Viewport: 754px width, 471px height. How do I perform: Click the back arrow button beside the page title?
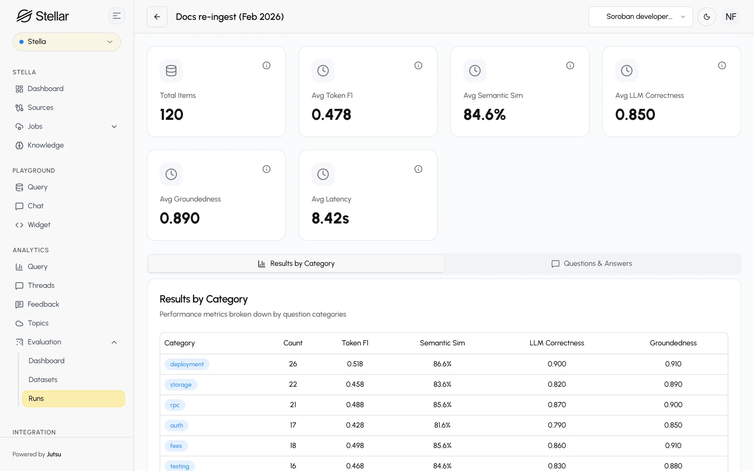click(157, 16)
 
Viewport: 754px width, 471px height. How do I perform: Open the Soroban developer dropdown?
click(641, 16)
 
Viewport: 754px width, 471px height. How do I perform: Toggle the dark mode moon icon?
click(707, 16)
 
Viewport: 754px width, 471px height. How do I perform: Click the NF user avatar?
click(731, 16)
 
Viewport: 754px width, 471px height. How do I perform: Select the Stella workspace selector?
click(67, 42)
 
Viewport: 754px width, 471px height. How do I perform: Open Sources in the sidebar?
click(40, 108)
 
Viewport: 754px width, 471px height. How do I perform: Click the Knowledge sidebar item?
click(45, 145)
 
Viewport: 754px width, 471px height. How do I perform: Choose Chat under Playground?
click(35, 206)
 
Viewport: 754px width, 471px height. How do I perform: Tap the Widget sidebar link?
click(39, 225)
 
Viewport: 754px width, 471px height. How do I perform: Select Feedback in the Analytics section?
click(43, 304)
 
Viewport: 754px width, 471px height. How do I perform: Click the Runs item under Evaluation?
click(73, 398)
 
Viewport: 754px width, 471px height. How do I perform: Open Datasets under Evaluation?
click(43, 380)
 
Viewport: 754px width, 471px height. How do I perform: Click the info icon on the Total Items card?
click(266, 66)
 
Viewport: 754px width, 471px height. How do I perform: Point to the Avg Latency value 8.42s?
click(330, 218)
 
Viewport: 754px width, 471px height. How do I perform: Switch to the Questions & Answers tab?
click(592, 264)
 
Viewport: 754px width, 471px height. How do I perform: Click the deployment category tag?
click(187, 364)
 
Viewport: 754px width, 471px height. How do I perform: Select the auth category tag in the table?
click(176, 425)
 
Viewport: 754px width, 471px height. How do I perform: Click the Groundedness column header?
click(673, 343)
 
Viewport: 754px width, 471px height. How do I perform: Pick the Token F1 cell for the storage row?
click(355, 384)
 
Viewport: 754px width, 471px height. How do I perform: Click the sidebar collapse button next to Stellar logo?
click(117, 16)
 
